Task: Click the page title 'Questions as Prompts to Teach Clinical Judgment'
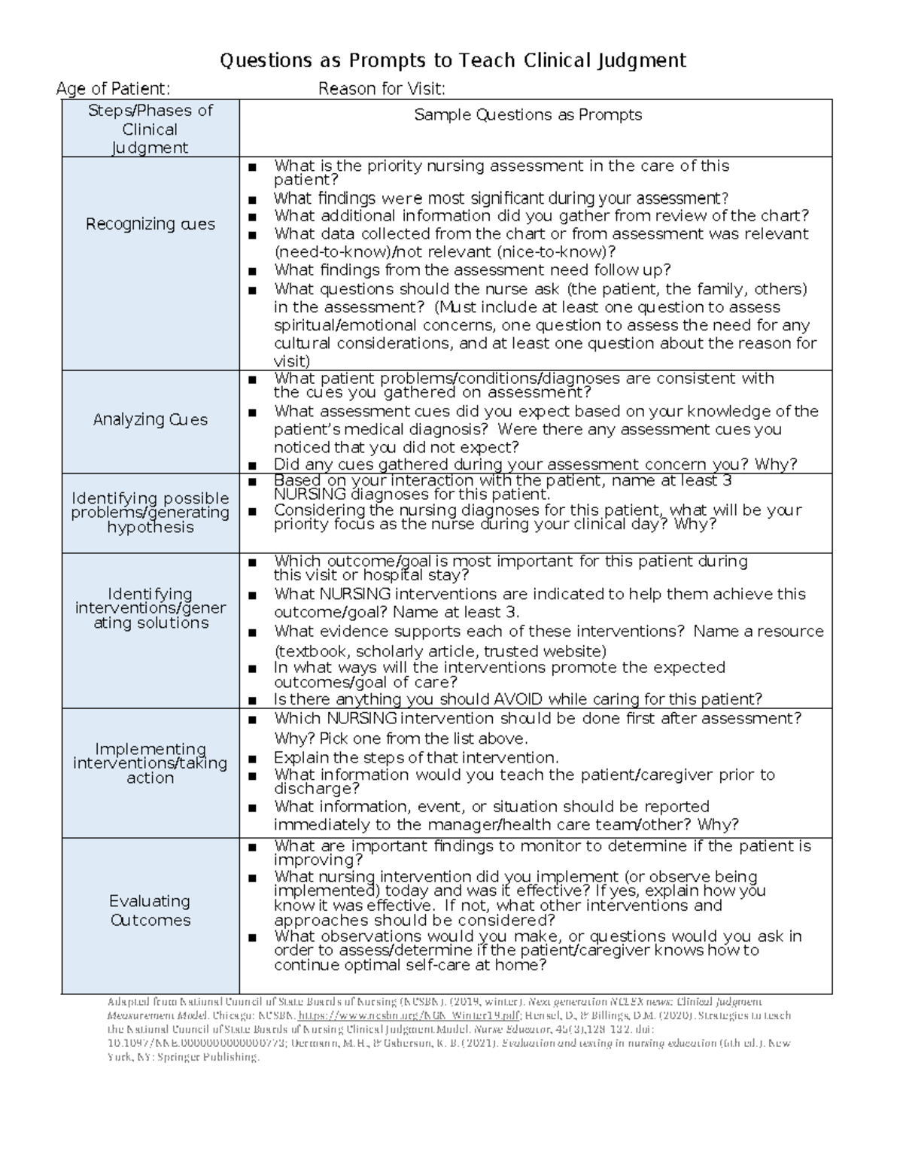click(452, 60)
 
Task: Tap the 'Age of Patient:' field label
click(113, 89)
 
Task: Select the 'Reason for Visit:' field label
click(382, 89)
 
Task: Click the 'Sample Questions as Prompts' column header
click(528, 114)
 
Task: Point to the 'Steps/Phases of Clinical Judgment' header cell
click(150, 129)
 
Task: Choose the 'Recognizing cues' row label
click(150, 224)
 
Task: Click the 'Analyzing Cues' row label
click(150, 419)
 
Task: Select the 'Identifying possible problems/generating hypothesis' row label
click(150, 512)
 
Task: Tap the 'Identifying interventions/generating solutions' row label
click(150, 608)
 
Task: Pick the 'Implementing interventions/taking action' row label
click(150, 763)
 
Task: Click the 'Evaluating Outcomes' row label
click(150, 910)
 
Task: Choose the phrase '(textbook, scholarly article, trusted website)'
click(440, 651)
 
